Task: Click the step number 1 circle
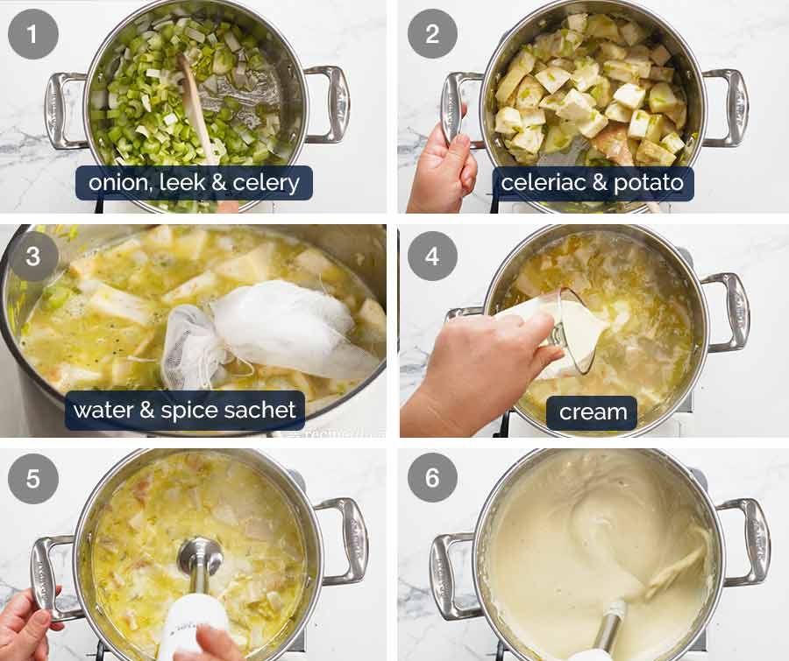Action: (x=33, y=34)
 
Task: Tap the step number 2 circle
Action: (x=432, y=34)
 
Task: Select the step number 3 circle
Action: (x=33, y=257)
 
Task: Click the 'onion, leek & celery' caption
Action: (x=194, y=184)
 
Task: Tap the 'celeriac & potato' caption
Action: (x=593, y=184)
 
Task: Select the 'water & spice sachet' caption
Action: (x=184, y=410)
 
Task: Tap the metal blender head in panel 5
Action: (x=200, y=555)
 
